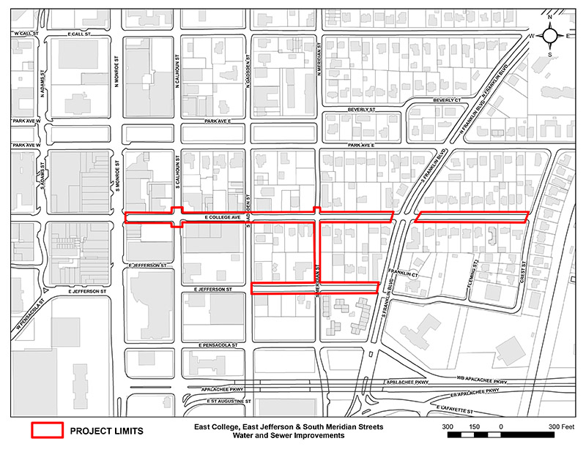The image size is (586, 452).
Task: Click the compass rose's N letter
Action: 549,17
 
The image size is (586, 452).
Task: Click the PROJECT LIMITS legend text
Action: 106,431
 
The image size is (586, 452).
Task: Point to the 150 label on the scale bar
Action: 474,426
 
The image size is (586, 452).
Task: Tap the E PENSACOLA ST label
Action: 220,344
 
